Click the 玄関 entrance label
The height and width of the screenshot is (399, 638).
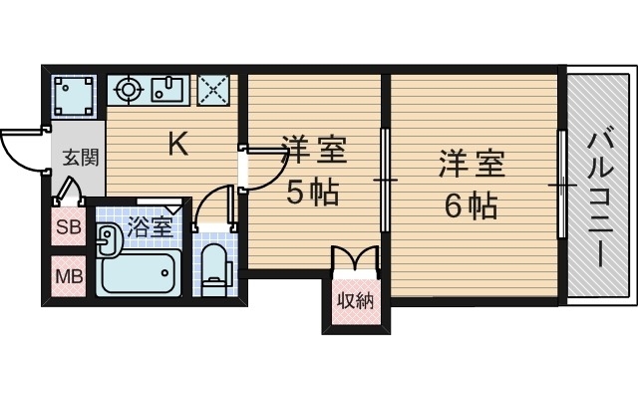click(81, 158)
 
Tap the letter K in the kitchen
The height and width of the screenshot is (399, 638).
click(176, 146)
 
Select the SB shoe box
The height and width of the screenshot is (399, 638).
click(68, 226)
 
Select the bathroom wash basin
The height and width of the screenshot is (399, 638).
click(108, 238)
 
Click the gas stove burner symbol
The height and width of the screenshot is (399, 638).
click(129, 91)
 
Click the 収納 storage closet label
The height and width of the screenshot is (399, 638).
click(354, 300)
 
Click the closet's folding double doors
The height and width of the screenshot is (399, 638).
click(355, 258)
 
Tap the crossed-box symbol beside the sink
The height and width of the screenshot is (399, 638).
click(212, 91)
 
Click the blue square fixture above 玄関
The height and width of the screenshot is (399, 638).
click(74, 96)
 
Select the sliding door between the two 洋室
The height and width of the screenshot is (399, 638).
click(385, 180)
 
